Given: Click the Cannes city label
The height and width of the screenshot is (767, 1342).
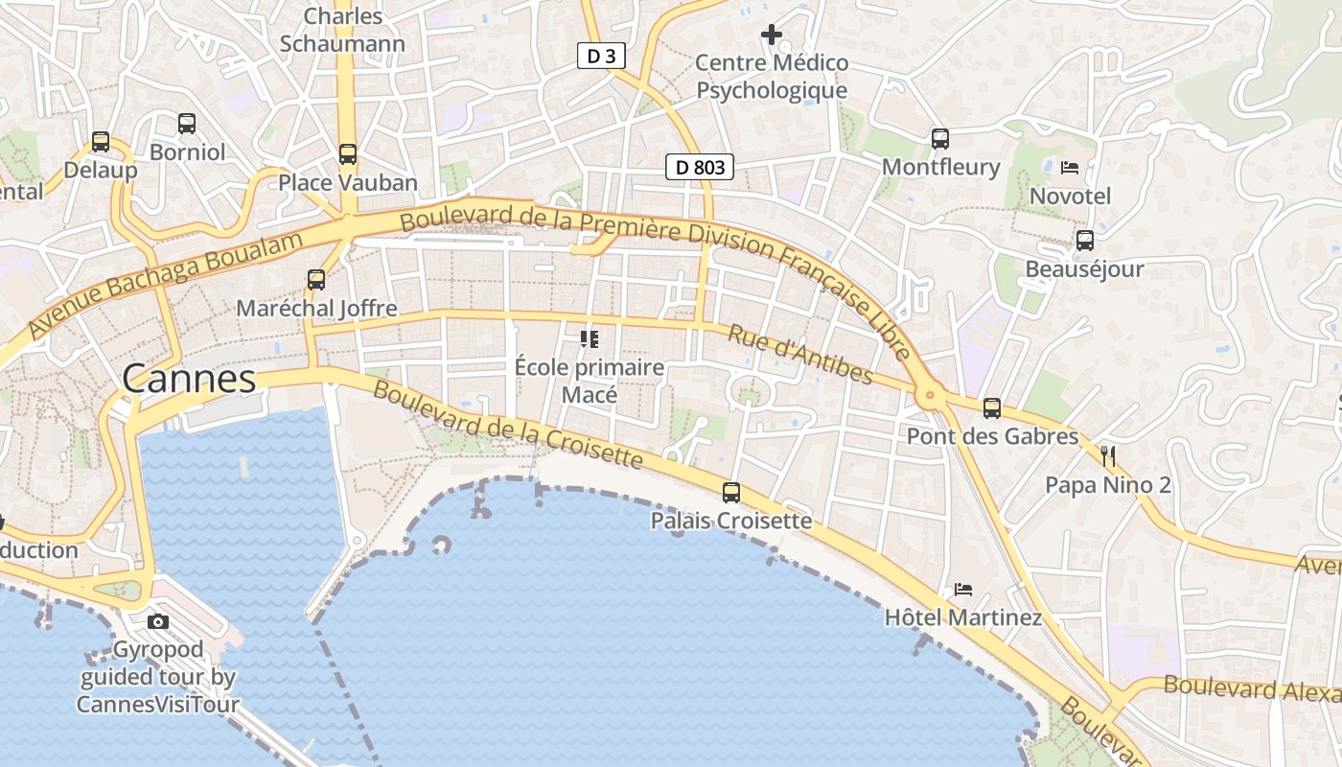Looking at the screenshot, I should click(190, 379).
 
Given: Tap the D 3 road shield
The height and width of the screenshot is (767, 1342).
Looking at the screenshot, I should click(601, 57).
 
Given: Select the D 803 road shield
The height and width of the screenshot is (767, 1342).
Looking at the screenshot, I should click(700, 168).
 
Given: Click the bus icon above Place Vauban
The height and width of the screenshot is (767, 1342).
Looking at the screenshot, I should click(348, 153).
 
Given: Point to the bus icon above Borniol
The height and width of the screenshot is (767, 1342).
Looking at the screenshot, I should click(187, 123).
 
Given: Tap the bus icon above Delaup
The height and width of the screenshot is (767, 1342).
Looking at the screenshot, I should click(101, 142).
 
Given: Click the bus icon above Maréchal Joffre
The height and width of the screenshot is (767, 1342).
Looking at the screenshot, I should click(316, 280).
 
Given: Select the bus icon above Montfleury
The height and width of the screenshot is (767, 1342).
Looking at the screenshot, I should click(940, 139).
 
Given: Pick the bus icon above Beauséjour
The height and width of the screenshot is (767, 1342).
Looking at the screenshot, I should click(1085, 241).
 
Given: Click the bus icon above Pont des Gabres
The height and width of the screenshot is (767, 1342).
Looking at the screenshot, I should click(992, 408).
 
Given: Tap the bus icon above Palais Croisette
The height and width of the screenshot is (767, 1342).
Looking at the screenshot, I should click(731, 493).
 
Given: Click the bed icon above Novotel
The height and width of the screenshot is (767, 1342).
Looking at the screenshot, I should click(1070, 168).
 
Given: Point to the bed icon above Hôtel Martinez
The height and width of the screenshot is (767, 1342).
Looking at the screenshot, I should click(963, 589).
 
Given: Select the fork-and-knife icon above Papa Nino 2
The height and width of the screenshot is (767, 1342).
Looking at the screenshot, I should click(1108, 455).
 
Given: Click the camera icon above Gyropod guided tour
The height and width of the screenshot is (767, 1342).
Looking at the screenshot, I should click(158, 621).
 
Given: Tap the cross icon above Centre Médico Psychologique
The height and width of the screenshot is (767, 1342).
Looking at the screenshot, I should click(772, 35).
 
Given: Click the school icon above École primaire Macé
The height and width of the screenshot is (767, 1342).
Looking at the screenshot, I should click(590, 338).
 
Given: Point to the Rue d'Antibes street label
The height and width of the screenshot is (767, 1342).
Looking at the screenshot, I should click(800, 355).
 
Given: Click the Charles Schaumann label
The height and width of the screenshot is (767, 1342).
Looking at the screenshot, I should click(342, 30).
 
